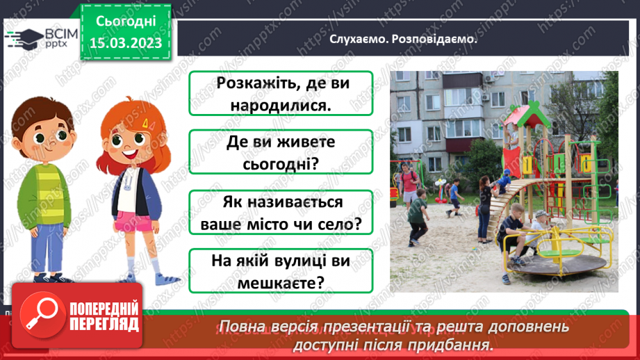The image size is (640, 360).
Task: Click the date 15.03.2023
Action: click(x=126, y=43)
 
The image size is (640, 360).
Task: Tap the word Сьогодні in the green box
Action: click(x=126, y=22)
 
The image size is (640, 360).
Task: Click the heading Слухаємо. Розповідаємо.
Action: click(x=404, y=39)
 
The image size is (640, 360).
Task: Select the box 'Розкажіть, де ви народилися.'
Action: click(x=281, y=93)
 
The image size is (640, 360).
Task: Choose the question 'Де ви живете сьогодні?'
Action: click(x=281, y=153)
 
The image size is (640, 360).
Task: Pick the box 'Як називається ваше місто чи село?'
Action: click(x=281, y=213)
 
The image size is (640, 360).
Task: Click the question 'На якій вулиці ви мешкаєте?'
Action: click(x=281, y=272)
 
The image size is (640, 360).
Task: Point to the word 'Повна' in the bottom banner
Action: click(x=240, y=327)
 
